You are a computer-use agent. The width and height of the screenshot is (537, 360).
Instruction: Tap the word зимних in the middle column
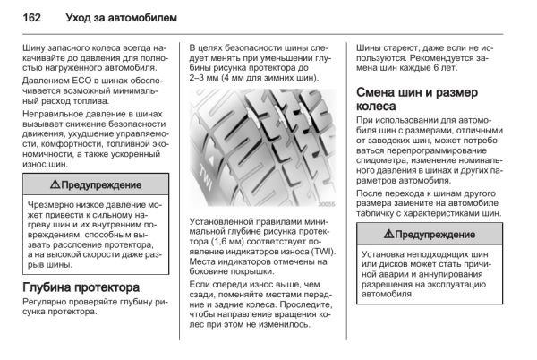[281, 78]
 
